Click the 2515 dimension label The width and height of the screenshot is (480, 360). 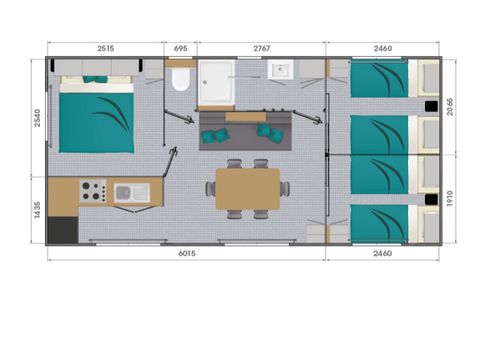[106, 48]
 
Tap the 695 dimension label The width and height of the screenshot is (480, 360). [180, 48]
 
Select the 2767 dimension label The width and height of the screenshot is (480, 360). [261, 48]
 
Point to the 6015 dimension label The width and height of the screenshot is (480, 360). [187, 253]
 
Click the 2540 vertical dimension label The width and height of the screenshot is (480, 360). [37, 118]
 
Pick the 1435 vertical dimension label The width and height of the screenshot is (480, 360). [37, 210]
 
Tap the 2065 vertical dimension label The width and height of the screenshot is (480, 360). [450, 107]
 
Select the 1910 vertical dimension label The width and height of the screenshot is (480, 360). [450, 198]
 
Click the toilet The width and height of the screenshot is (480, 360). [180, 79]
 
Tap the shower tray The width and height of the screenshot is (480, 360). [217, 82]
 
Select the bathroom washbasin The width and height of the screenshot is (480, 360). [280, 70]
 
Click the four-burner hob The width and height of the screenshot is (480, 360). [93, 191]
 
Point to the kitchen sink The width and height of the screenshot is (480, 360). [132, 193]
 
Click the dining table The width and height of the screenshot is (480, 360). [248, 189]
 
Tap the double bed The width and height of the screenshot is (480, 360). [97, 114]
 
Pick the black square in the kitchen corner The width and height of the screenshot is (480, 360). [63, 230]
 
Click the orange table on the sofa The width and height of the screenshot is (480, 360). [246, 117]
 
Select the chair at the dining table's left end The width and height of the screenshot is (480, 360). [210, 189]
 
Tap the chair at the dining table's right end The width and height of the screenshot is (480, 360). [285, 189]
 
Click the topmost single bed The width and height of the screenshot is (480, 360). [379, 80]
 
